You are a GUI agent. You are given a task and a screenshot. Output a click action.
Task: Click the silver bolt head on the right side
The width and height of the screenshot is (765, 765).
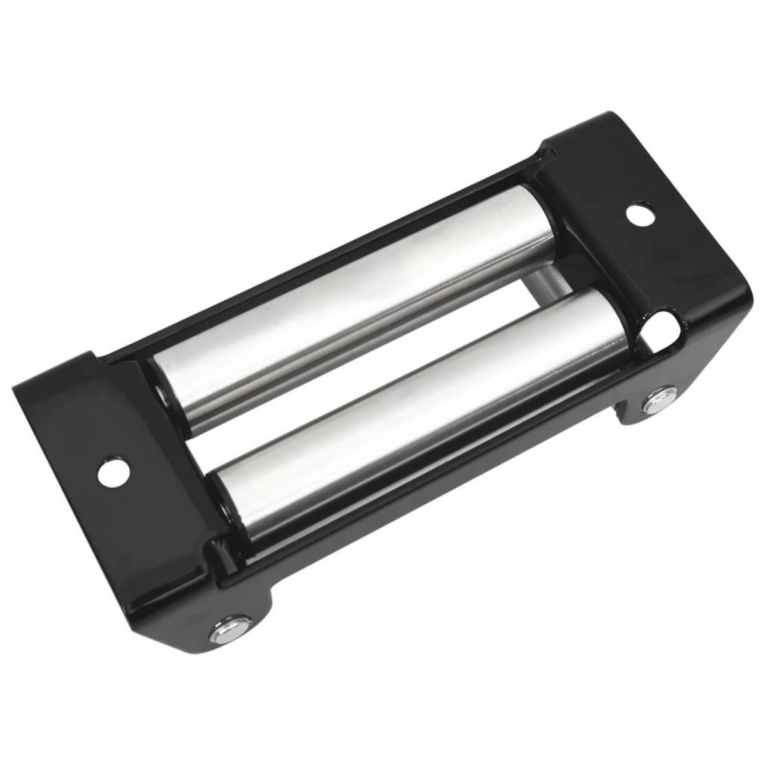655,403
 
